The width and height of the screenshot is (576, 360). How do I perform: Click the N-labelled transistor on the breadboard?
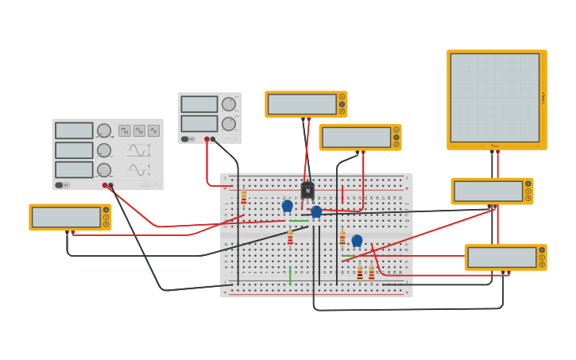(307, 191)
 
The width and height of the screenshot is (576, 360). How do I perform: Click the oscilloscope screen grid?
(494, 97)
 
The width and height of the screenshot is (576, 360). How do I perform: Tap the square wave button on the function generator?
(125, 130)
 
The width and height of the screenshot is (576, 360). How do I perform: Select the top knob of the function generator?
(104, 130)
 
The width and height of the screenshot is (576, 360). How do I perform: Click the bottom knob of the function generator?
(104, 169)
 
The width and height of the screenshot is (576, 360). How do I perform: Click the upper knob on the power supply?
(229, 104)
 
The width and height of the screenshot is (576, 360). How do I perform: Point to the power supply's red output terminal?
(207, 139)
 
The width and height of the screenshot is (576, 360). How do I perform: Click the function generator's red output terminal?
(105, 185)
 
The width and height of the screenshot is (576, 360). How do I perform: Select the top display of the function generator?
(74, 130)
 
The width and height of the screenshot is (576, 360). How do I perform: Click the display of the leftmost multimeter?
(66, 217)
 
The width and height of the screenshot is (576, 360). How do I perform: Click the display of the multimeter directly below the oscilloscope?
(488, 191)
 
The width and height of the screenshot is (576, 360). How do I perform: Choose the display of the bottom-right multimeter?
(501, 257)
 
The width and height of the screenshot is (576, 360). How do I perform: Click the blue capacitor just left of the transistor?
(287, 205)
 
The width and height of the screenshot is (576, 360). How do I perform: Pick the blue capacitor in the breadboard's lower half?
(357, 240)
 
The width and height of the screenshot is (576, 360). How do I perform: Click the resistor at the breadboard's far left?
(244, 197)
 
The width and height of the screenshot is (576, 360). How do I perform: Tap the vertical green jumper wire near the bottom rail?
(290, 275)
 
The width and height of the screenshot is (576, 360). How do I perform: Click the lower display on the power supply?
(199, 123)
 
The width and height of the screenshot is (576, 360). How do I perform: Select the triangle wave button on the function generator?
(153, 130)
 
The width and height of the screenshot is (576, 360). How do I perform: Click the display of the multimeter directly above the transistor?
(302, 104)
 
